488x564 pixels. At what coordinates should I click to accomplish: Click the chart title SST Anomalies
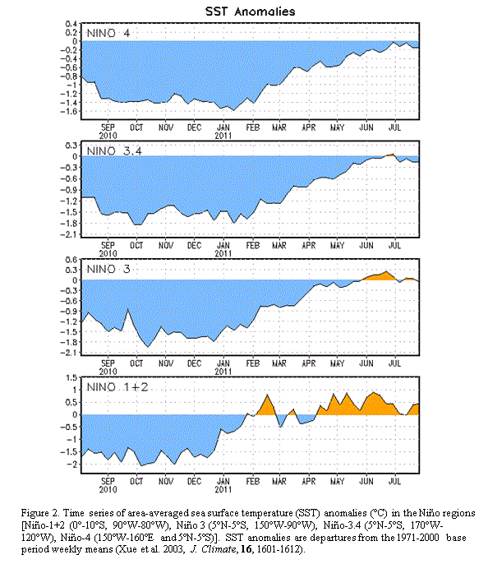tap(250, 12)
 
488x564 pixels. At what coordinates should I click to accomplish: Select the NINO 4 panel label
tap(108, 34)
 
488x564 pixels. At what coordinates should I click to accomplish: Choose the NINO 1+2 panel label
tap(117, 387)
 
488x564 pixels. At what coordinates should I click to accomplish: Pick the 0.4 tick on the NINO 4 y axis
tap(71, 24)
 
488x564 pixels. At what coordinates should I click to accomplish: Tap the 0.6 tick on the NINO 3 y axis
tap(71, 260)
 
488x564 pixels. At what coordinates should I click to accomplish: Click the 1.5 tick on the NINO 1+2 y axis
tap(71, 377)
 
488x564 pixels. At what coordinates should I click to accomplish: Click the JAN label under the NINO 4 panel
tap(223, 127)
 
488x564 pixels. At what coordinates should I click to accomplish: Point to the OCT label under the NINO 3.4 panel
tap(136, 245)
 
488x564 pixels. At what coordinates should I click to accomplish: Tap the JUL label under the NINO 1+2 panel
tap(394, 481)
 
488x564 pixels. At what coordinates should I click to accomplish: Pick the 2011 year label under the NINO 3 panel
tap(223, 372)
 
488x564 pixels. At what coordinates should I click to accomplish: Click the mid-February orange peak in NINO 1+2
tap(267, 395)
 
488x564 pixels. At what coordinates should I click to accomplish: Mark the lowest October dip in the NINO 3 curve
tap(148, 347)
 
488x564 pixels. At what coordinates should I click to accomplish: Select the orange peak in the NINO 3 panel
tap(386, 271)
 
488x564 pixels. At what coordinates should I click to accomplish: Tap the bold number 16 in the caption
tap(246, 549)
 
